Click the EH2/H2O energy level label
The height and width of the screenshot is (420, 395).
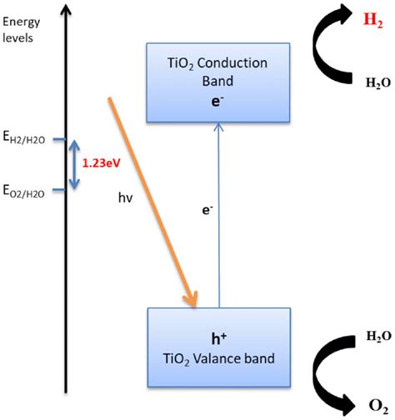point(31,139)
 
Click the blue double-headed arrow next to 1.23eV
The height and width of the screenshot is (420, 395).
point(74,165)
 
